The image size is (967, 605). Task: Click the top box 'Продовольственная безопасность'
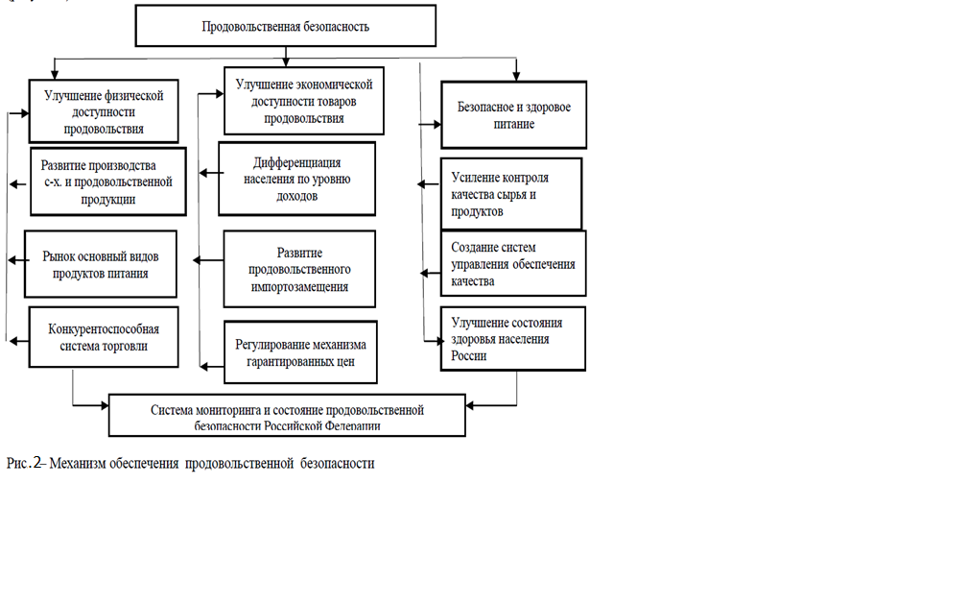[x=286, y=26]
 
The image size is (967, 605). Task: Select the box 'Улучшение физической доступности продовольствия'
[x=104, y=111]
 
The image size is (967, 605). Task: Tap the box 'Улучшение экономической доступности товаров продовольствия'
[x=304, y=101]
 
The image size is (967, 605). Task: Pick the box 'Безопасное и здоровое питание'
[x=514, y=115]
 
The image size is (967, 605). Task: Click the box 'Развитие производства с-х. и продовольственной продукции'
[x=107, y=181]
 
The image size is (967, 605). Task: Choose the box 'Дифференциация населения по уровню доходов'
[x=296, y=179]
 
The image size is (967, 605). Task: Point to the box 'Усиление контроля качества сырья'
[x=511, y=194]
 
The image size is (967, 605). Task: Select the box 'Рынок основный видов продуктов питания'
[x=101, y=264]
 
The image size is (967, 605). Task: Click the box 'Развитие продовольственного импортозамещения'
[x=299, y=269]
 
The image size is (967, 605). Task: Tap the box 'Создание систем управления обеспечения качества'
[x=513, y=263]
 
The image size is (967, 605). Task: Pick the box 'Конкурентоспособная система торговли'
[x=104, y=337]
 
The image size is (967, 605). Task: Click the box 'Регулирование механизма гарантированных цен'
[x=300, y=352]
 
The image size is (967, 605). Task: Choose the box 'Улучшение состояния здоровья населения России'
[x=513, y=339]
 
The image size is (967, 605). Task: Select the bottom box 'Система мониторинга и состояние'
[x=287, y=416]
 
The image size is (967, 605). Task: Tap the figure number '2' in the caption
[x=37, y=463]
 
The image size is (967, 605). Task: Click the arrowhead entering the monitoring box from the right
[x=470, y=405]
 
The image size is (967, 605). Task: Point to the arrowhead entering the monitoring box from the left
[x=105, y=405]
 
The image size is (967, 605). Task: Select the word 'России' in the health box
[x=469, y=356]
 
